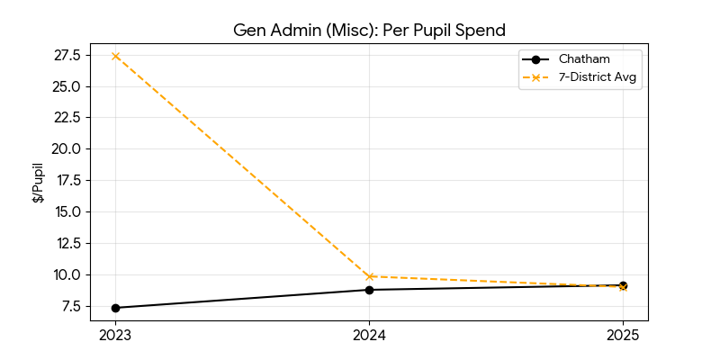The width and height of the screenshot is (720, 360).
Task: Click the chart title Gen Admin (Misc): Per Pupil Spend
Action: pos(369,30)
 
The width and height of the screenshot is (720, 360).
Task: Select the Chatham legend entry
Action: pos(577,59)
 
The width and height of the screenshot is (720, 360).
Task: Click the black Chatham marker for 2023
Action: pos(115,308)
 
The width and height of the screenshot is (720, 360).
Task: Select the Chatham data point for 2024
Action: pos(369,290)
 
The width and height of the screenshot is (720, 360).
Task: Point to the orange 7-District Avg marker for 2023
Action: pos(115,56)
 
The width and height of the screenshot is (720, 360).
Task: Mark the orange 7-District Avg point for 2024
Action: pos(369,276)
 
